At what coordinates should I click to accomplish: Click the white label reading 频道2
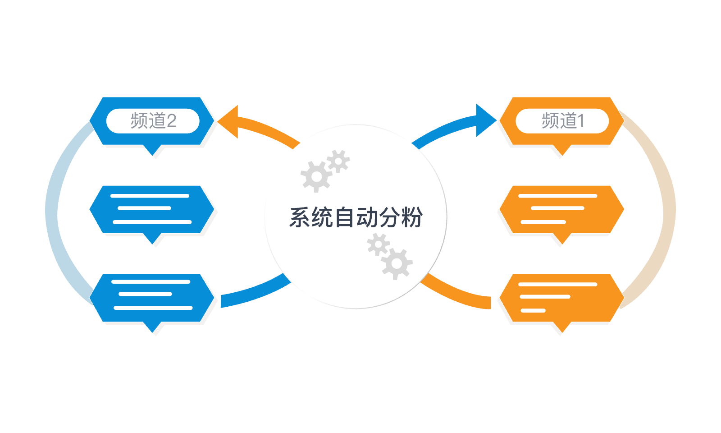[153, 121]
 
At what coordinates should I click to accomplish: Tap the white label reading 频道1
[562, 121]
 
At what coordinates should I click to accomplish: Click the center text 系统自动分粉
[356, 217]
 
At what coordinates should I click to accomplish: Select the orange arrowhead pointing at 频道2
[228, 122]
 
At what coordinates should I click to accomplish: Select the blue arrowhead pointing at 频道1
[486, 120]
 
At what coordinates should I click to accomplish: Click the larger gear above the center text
[316, 176]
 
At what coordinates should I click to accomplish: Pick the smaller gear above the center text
[338, 161]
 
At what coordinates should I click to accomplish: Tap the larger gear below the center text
[397, 264]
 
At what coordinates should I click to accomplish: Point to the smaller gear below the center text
[379, 244]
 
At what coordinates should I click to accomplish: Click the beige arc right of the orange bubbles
[670, 209]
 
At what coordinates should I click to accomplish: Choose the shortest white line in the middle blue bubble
[144, 208]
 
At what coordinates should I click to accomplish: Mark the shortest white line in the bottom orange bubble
[533, 311]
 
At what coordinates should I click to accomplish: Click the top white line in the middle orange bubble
[558, 196]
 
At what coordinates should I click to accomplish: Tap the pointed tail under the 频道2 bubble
[152, 150]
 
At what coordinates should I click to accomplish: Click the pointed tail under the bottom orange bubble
[562, 327]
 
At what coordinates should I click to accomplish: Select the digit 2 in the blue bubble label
[172, 121]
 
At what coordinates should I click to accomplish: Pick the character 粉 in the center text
[412, 217]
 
